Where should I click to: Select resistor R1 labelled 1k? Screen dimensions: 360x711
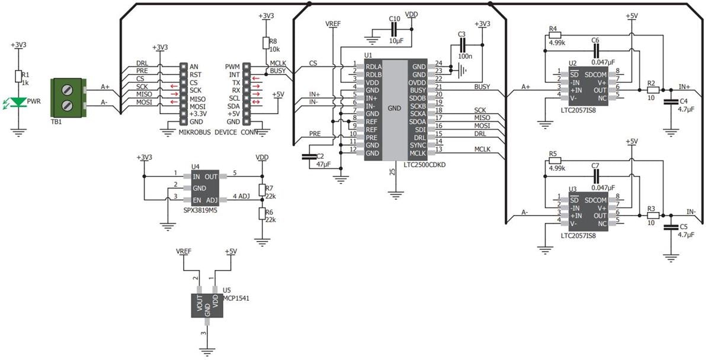(x=19, y=76)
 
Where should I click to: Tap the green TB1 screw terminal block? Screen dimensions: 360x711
(x=69, y=96)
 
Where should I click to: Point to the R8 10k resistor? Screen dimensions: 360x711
(x=265, y=44)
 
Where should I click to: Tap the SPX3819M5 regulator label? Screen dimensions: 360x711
(x=200, y=210)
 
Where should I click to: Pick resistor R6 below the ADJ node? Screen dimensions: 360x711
(x=261, y=214)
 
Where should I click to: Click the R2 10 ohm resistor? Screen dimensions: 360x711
(x=652, y=90)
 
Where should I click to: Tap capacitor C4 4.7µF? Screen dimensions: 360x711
(x=671, y=102)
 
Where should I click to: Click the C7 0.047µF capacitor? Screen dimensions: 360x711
(x=595, y=176)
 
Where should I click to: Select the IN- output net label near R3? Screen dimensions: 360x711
(x=691, y=212)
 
